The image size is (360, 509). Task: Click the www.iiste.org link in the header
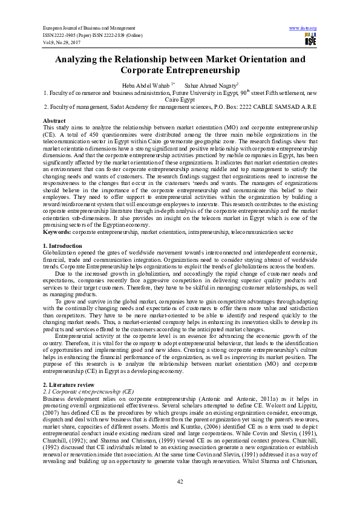303,28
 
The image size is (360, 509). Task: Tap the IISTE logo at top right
310,40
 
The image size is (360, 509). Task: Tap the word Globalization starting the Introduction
62,253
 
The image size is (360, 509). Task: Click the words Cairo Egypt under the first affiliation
180,100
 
